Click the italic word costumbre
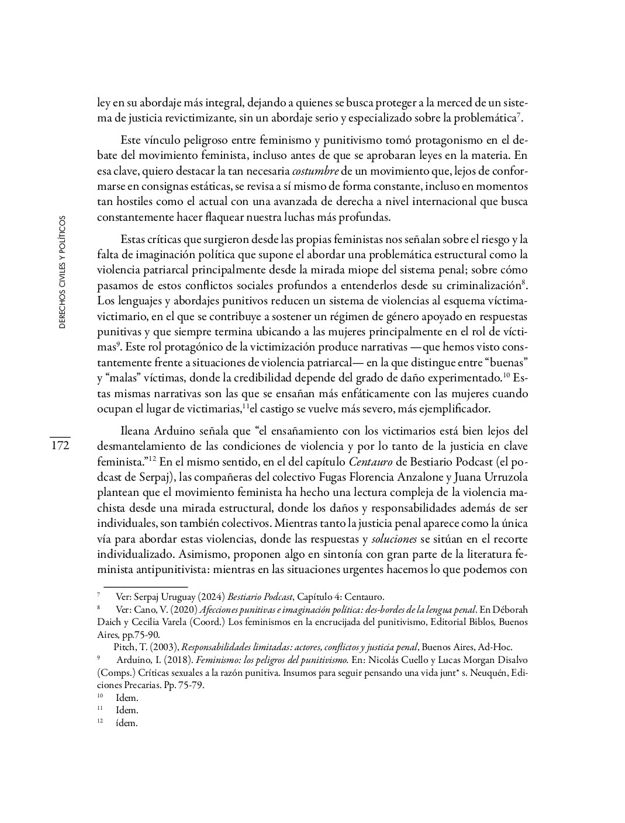click(x=315, y=171)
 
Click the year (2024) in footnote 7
click(x=209, y=597)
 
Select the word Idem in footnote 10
click(x=126, y=698)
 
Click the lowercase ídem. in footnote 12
click(x=126, y=723)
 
